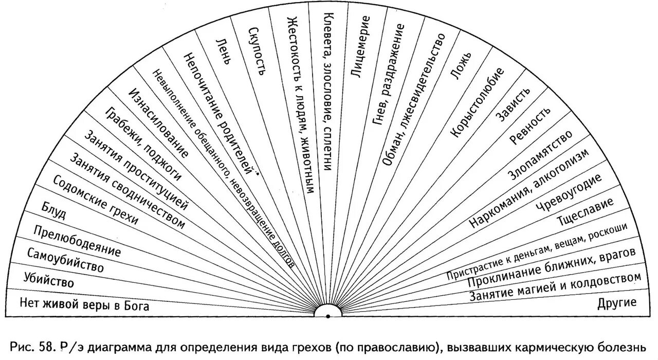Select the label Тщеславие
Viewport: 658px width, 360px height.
pyautogui.click(x=586, y=211)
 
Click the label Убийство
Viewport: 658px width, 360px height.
pyautogui.click(x=49, y=280)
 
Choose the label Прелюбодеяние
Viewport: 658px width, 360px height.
pyautogui.click(x=77, y=241)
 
